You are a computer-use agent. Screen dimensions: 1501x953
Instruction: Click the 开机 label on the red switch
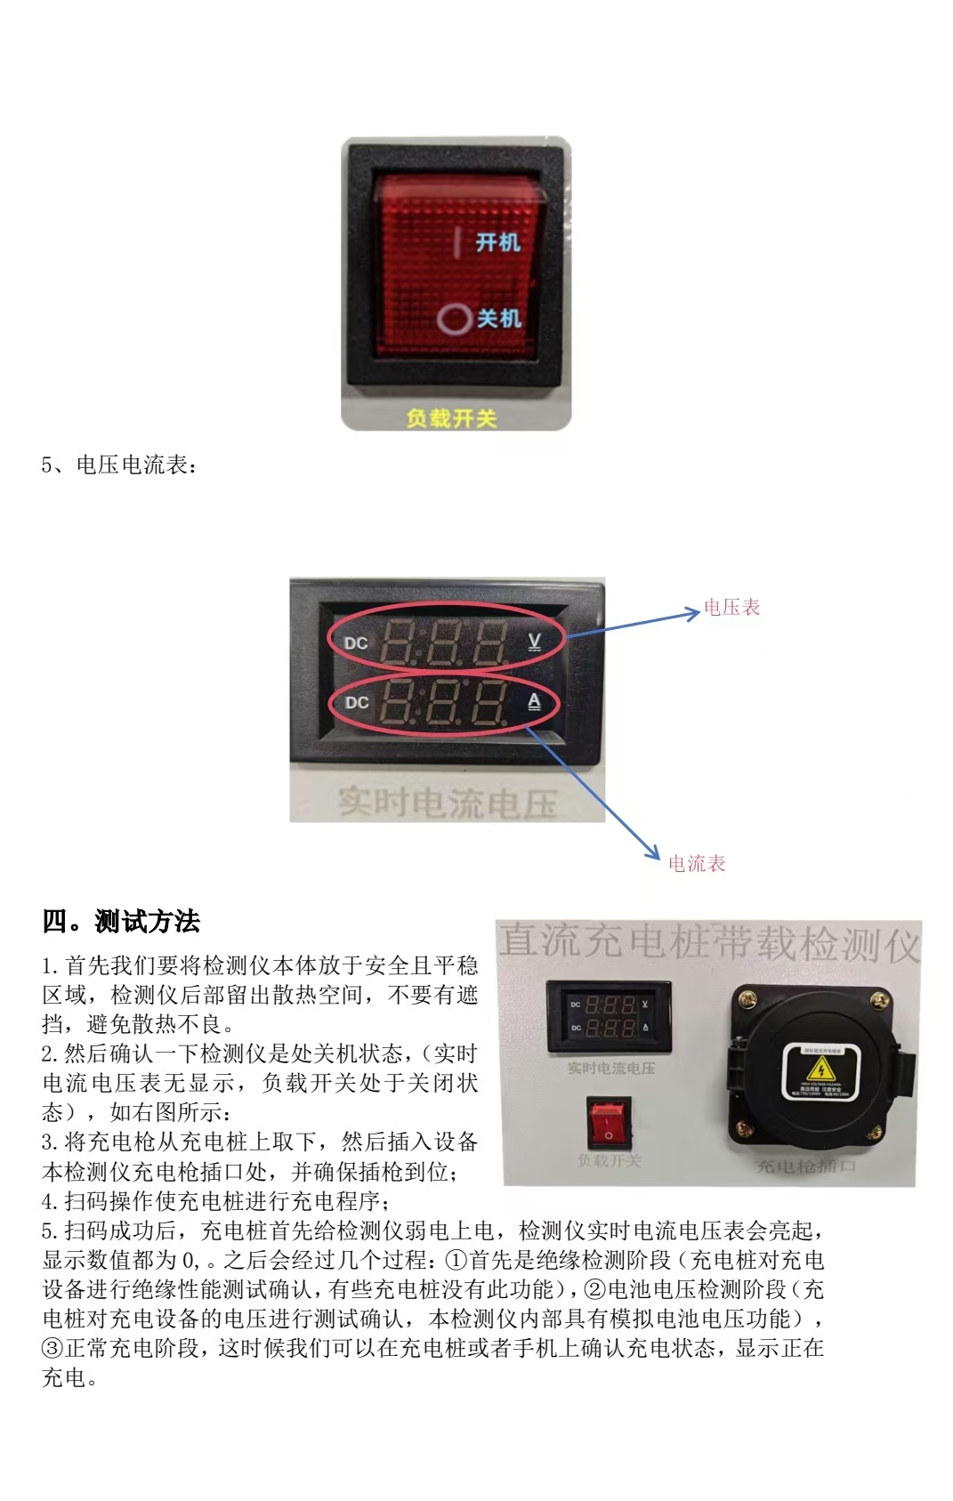pyautogui.click(x=497, y=242)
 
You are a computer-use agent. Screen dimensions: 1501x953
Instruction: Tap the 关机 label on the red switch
pyautogui.click(x=498, y=318)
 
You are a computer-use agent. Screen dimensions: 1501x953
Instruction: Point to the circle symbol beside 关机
pyautogui.click(x=454, y=319)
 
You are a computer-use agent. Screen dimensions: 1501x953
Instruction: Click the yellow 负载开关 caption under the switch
pyautogui.click(x=451, y=417)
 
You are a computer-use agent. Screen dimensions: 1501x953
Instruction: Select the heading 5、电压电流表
pyautogui.click(x=120, y=465)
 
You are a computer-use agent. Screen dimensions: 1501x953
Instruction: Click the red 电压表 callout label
pyautogui.click(x=731, y=608)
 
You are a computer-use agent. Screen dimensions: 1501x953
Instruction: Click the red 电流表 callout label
pyautogui.click(x=697, y=863)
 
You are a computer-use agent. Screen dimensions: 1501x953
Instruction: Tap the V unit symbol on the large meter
pyautogui.click(x=535, y=641)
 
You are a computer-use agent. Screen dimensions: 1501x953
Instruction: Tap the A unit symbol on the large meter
pyautogui.click(x=534, y=702)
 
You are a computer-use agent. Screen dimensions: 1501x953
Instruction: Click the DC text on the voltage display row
pyautogui.click(x=356, y=643)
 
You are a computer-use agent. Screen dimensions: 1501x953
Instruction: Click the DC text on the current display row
pyautogui.click(x=357, y=703)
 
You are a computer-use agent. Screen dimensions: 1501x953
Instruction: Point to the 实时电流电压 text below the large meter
pyautogui.click(x=447, y=802)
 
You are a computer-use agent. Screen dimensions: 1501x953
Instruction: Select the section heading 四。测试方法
pyautogui.click(x=121, y=921)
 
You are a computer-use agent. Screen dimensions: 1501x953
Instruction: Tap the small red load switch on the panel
pyautogui.click(x=610, y=1124)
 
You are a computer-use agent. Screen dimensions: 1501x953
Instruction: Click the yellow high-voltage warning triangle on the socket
pyautogui.click(x=819, y=1069)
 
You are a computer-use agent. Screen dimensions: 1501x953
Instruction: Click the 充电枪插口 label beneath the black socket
pyautogui.click(x=805, y=1166)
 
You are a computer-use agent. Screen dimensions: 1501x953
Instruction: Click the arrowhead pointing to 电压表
pyautogui.click(x=693, y=612)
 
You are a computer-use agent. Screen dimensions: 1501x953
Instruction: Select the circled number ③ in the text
pyautogui.click(x=52, y=1349)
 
